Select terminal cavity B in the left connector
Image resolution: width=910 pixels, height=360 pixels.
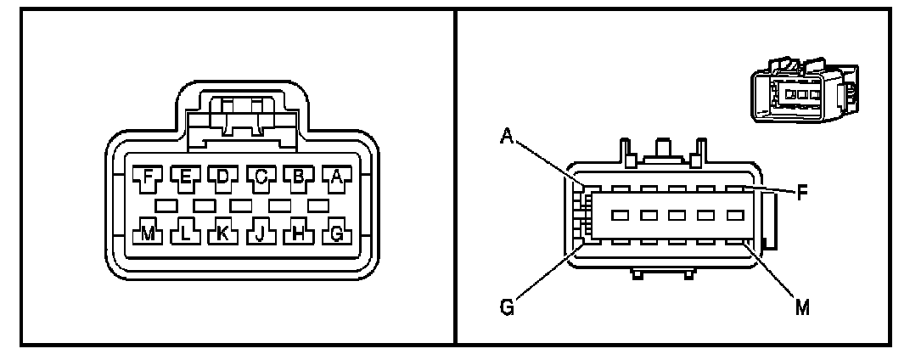[299, 177]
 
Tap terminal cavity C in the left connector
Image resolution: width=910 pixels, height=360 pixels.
[261, 177]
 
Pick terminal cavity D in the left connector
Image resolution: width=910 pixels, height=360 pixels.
[223, 177]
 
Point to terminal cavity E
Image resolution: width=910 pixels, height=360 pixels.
[185, 177]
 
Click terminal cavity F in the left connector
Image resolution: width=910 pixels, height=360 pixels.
[148, 177]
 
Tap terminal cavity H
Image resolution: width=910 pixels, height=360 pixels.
[299, 233]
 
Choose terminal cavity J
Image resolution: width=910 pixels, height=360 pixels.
[261, 233]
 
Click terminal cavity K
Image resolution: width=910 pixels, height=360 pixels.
[223, 233]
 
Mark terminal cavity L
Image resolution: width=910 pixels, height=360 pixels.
[185, 233]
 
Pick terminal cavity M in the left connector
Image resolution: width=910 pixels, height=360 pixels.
[148, 233]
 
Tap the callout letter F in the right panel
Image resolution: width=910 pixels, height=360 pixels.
[800, 192]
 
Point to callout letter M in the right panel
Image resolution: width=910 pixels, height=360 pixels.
[801, 307]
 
